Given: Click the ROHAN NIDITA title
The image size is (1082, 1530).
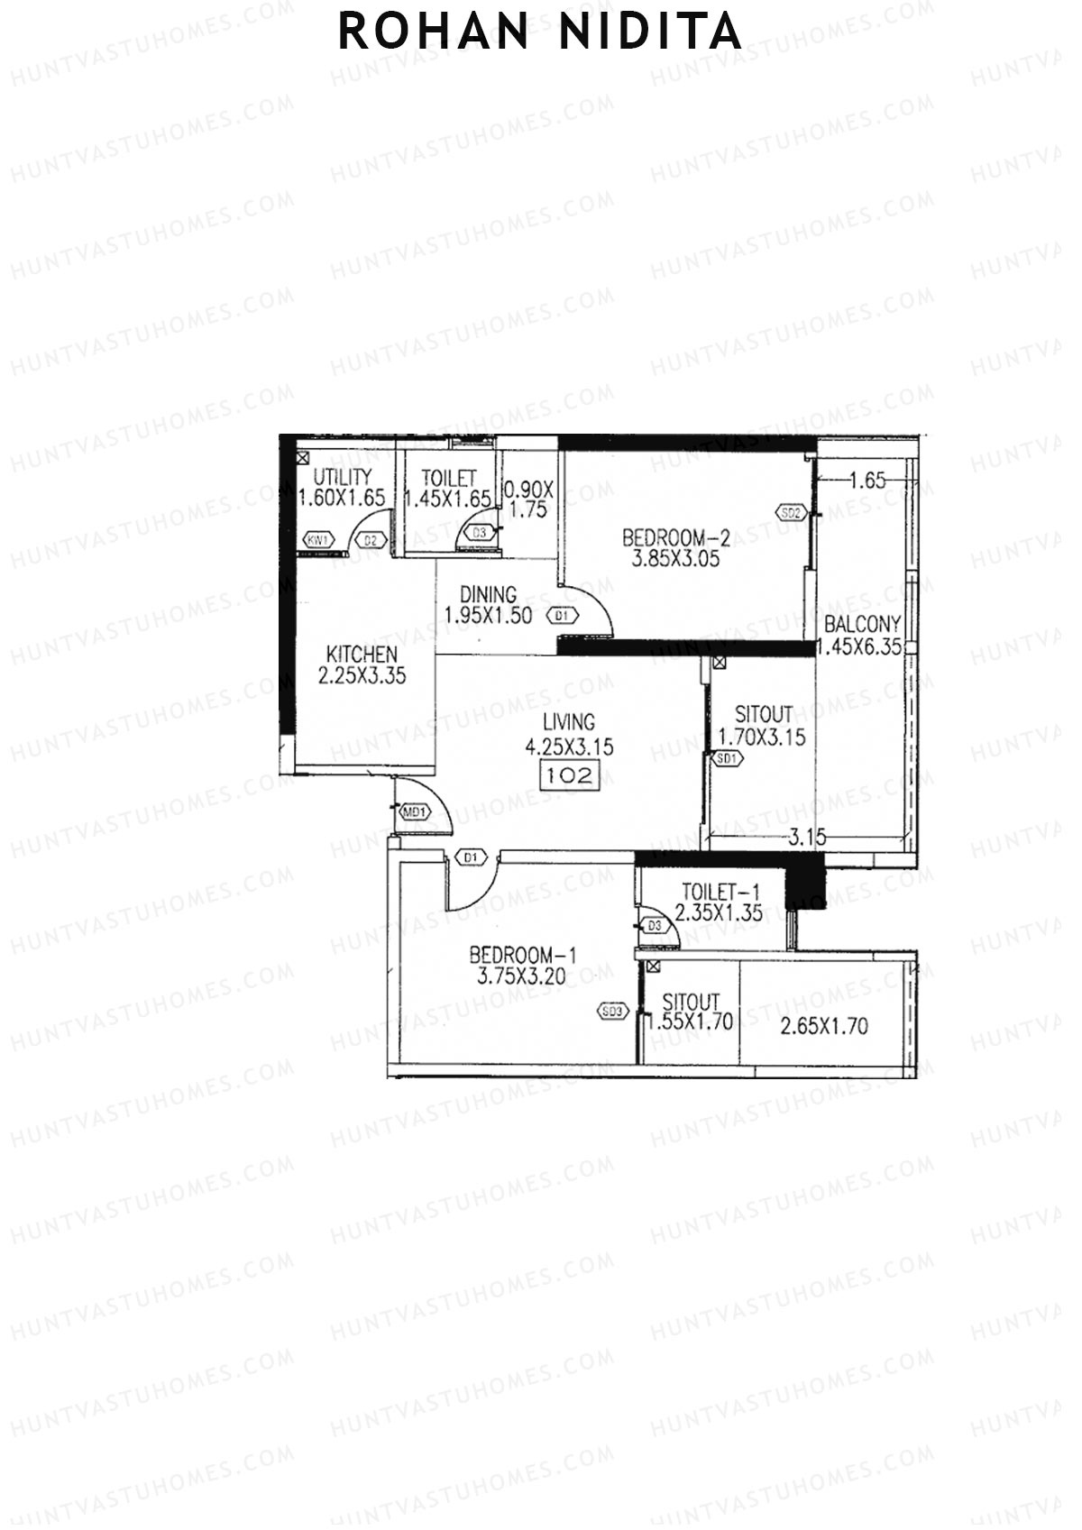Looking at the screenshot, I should [539, 32].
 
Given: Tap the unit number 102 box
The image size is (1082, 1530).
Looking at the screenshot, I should [569, 774].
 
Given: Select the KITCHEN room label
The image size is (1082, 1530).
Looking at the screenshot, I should [362, 654].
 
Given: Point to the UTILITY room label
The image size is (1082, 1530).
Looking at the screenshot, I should [342, 477].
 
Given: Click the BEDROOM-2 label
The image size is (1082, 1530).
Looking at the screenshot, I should [676, 538].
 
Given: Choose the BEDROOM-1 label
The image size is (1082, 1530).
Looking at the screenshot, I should [523, 955].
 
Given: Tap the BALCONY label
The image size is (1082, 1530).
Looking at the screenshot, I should [862, 624].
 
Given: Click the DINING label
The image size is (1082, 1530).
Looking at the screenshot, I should [488, 595].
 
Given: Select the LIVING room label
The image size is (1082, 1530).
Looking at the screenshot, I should [569, 722].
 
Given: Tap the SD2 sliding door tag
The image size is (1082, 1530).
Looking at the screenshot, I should [790, 514].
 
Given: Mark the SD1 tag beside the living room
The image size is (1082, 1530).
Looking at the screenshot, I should [727, 759].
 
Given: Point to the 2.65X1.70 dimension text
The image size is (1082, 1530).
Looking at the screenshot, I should [824, 1025].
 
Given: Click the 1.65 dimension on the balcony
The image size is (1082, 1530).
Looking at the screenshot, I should [867, 481].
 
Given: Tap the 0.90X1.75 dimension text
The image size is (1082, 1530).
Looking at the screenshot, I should [527, 499].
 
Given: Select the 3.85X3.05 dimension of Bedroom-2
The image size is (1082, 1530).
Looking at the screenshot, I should [676, 558].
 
